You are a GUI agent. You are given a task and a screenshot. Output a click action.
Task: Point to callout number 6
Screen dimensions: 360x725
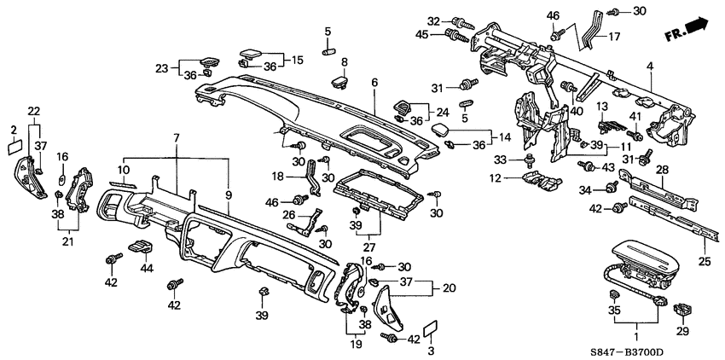pos(374,82)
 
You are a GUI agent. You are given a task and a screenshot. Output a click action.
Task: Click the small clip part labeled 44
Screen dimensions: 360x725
pos(139,247)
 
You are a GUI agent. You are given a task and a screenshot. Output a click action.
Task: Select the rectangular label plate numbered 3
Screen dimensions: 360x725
pos(432,327)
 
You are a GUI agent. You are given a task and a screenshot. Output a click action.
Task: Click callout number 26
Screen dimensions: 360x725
pos(287,214)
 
